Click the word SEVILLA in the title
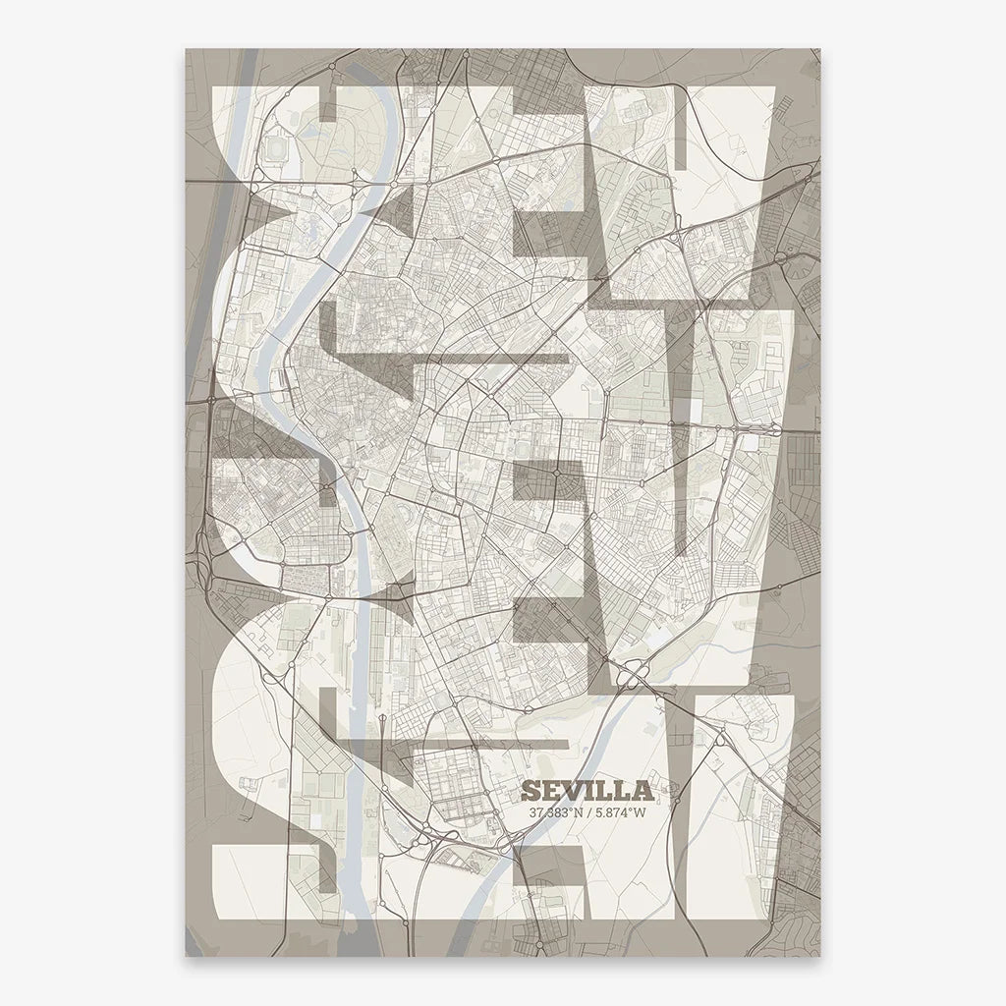pos(587,791)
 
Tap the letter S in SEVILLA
pos(531,791)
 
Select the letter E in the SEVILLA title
pos(551,791)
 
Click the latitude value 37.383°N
pos(558,812)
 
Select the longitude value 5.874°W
pos(621,812)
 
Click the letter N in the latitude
pos(582,812)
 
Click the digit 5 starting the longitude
pos(601,812)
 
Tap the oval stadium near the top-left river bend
pos(278,147)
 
